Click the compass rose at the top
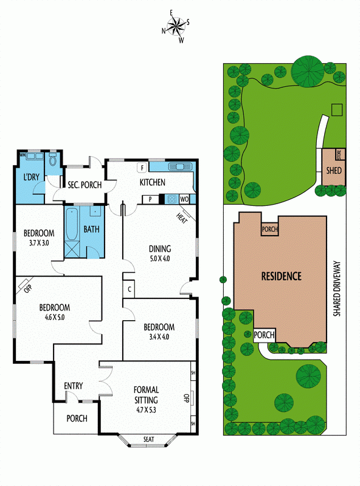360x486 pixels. point(176,26)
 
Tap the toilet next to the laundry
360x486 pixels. point(53,160)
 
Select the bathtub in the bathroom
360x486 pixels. point(72,224)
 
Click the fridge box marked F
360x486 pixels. point(142,168)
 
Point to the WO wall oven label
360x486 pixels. point(184,199)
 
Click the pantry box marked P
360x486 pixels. point(150,199)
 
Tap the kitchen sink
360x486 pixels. point(180,166)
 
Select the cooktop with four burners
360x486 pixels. point(172,199)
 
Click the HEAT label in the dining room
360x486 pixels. point(182,219)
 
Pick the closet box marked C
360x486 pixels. point(130,289)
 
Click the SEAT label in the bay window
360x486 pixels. point(148,439)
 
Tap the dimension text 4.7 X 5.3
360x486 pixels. point(146,409)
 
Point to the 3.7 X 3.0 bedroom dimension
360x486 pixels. point(39,242)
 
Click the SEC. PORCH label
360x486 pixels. point(85,185)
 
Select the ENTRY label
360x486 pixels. point(74,386)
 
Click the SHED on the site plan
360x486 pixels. point(334,170)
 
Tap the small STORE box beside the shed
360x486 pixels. point(339,154)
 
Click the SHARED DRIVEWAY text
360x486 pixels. point(337,289)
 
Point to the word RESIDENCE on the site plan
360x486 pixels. point(281,276)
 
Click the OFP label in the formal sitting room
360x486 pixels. point(186,398)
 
